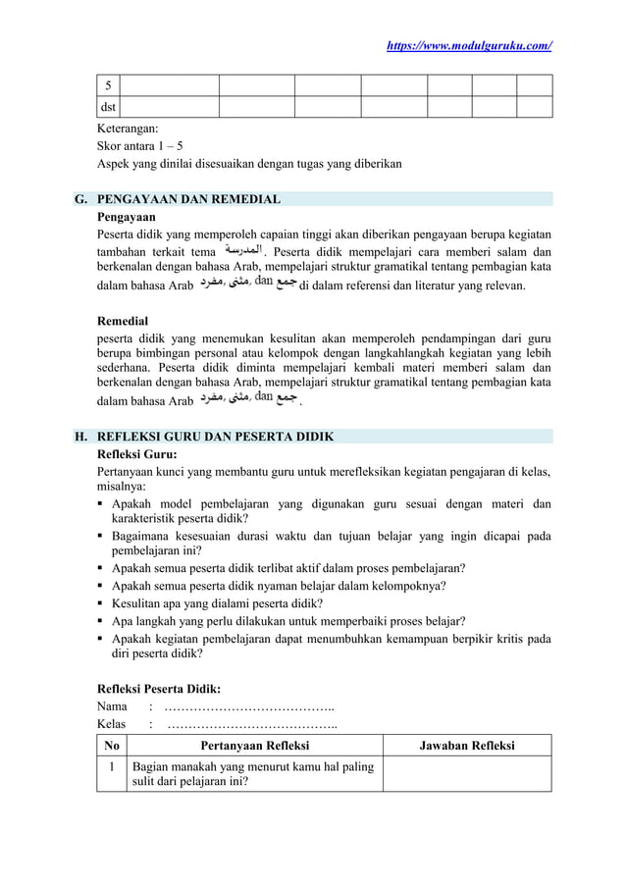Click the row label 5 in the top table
point(108,85)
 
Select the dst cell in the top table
point(107,107)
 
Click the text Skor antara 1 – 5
point(139,145)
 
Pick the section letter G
point(80,199)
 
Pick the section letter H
point(80,437)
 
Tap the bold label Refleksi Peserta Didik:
point(157,689)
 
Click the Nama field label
point(111,706)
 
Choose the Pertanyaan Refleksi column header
point(255,747)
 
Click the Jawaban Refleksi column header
point(467,747)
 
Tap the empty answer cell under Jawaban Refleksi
point(467,774)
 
